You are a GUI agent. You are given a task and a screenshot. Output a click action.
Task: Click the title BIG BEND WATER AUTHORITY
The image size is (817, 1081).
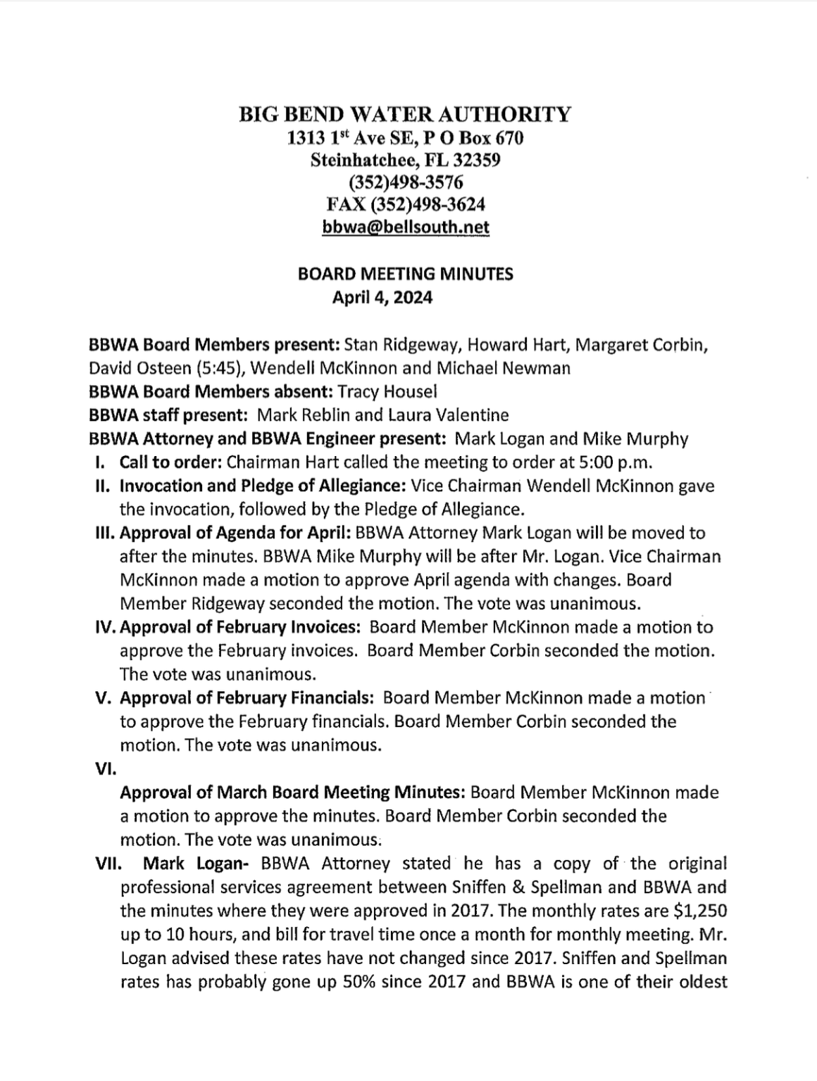tap(405, 114)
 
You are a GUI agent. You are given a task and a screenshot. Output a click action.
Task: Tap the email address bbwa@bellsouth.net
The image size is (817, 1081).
tap(405, 227)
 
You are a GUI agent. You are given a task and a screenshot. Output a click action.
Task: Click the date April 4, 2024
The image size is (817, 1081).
tap(382, 298)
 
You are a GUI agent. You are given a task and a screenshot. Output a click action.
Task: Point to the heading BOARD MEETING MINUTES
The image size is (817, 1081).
tap(406, 274)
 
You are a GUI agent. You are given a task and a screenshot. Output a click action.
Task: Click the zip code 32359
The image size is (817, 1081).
tap(477, 160)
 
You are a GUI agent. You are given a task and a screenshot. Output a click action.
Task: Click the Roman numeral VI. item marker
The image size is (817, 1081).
tap(104, 769)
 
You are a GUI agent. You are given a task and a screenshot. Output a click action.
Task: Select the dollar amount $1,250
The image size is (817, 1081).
tap(700, 911)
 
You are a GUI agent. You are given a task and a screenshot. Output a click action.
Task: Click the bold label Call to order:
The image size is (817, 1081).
tap(162, 462)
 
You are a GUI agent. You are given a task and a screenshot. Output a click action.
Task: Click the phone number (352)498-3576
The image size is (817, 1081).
tap(405, 182)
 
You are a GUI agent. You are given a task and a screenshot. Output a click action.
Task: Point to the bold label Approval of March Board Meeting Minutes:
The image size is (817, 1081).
tap(292, 792)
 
